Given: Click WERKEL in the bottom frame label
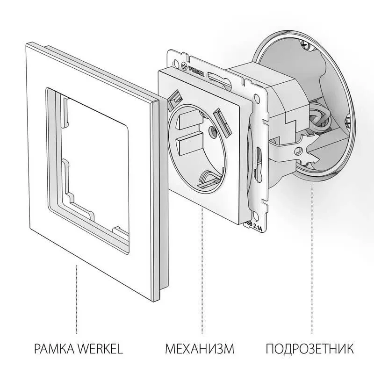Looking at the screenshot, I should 98,349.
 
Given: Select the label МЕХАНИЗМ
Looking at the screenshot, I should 199,349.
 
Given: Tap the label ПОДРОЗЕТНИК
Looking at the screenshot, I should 309,349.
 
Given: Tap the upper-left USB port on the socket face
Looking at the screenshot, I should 175,97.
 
